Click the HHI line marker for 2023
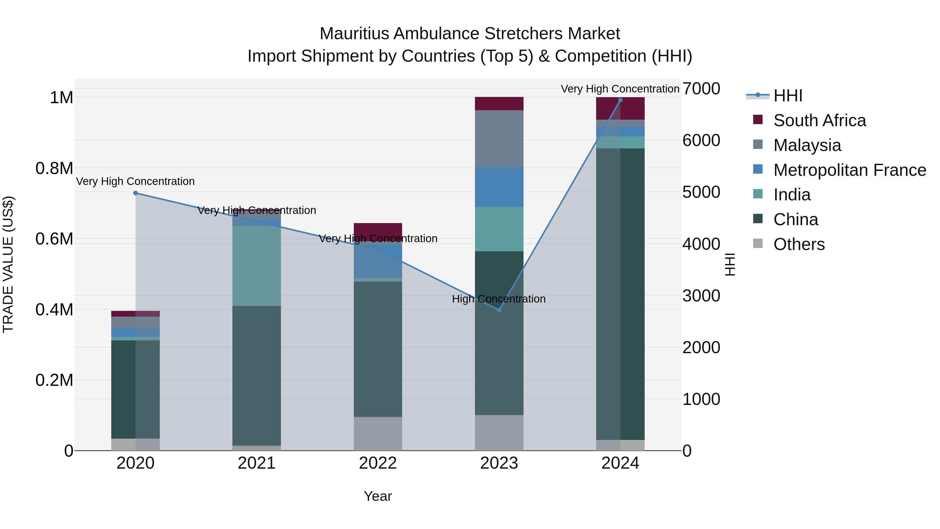pos(499,310)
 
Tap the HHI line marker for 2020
pos(135,193)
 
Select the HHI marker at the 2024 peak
pos(620,100)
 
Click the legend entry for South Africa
pos(819,120)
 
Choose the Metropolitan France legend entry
pos(849,170)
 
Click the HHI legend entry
pos(788,96)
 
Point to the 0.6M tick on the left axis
pos(54,239)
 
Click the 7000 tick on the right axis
pos(701,89)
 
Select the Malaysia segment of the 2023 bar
pos(499,139)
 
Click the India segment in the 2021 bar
pos(256,265)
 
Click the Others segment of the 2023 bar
pos(499,433)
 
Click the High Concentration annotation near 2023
pos(498,299)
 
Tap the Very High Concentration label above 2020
pos(135,182)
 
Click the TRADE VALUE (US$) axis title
pos(8,264)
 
